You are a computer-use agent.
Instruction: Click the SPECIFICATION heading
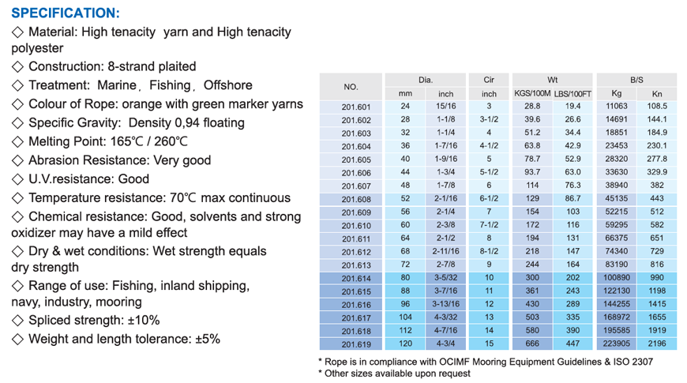pyautogui.click(x=66, y=13)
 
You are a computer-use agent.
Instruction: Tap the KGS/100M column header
pyautogui.click(x=532, y=94)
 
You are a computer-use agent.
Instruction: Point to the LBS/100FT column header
pyautogui.click(x=573, y=94)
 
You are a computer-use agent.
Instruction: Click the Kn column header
pyautogui.click(x=657, y=94)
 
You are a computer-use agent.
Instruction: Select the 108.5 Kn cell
pyautogui.click(x=657, y=107)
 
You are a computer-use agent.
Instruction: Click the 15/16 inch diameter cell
pyautogui.click(x=445, y=107)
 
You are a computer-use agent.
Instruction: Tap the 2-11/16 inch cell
pyautogui.click(x=445, y=252)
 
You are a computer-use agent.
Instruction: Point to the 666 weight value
pyautogui.click(x=532, y=344)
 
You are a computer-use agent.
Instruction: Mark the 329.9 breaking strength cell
pyautogui.click(x=657, y=172)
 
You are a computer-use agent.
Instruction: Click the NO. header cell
pyautogui.click(x=351, y=86)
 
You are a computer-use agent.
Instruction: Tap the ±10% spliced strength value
pyautogui.click(x=144, y=320)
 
